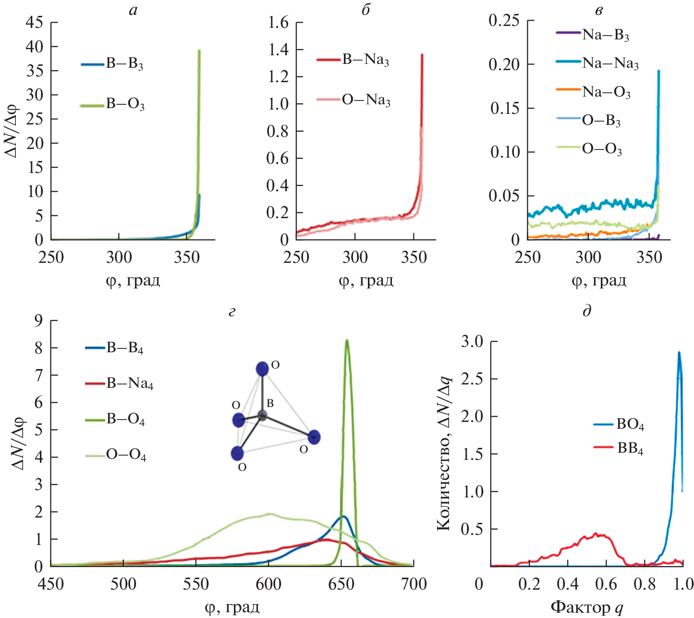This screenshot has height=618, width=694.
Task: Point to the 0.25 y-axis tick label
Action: tap(504, 21)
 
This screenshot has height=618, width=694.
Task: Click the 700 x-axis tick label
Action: tap(414, 584)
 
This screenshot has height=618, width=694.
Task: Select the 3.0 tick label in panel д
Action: tap(472, 342)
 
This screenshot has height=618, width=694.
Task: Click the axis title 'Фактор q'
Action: tap(587, 607)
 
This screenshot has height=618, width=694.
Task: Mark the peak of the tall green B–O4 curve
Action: tap(347, 341)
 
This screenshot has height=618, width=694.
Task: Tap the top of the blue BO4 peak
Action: tap(679, 352)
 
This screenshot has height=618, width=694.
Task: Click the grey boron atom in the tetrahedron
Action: tap(262, 415)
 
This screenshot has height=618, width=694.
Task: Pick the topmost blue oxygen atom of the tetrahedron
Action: tap(262, 369)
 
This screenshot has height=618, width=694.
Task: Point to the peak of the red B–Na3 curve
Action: tap(422, 55)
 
